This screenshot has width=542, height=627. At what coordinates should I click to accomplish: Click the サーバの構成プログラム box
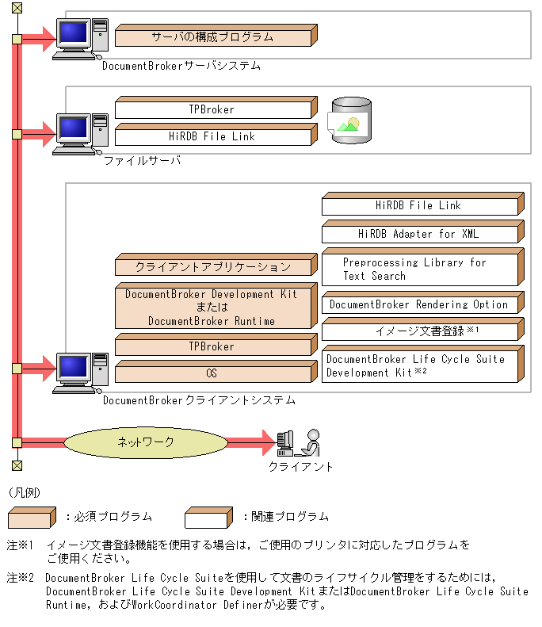click(x=212, y=36)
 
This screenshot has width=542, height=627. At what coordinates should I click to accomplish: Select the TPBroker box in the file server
click(x=212, y=109)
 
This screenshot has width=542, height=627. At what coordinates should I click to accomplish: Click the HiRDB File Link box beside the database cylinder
click(x=212, y=136)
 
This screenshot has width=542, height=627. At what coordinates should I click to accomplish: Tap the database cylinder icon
click(x=349, y=121)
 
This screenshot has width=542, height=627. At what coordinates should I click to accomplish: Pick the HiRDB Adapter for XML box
click(x=420, y=234)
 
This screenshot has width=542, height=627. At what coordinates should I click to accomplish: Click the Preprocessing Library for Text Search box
click(x=420, y=270)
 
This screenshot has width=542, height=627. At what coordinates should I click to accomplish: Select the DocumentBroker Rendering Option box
click(x=420, y=304)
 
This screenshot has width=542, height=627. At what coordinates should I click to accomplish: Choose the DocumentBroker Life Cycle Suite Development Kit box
click(x=420, y=365)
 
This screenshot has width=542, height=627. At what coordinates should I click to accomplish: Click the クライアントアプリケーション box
click(x=212, y=267)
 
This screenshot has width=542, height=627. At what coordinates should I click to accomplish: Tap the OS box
click(x=212, y=373)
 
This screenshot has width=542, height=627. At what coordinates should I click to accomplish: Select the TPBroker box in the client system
click(x=212, y=346)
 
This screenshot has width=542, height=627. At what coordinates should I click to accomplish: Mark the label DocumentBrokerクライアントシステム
click(x=199, y=401)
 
